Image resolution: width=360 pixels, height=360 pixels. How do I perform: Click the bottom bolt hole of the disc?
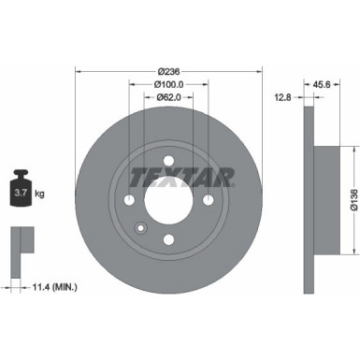click(x=168, y=239)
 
